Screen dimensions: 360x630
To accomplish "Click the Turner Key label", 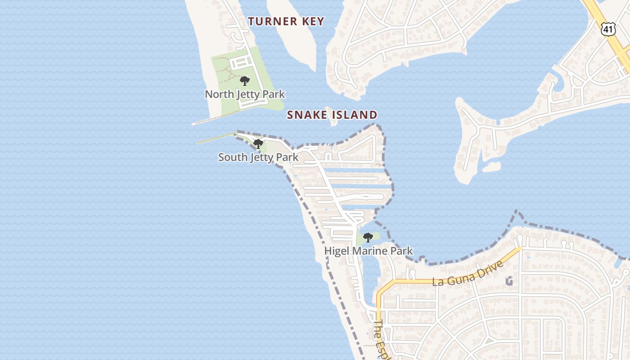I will (x=286, y=21).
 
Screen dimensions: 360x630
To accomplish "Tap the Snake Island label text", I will (x=332, y=115).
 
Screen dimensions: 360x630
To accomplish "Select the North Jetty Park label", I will (x=245, y=94).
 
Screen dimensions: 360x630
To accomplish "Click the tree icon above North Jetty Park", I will (x=245, y=81).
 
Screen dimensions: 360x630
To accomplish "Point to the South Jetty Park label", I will (x=258, y=157).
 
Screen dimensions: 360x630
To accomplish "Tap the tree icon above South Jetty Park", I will (x=258, y=144).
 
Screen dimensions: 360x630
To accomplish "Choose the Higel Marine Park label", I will (x=369, y=251).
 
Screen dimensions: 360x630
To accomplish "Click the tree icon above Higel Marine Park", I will (x=368, y=237).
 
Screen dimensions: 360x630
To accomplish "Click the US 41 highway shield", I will (x=608, y=29).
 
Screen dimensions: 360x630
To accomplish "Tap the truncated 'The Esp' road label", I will (x=382, y=340).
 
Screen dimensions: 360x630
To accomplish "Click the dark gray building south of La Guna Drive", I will (x=509, y=281).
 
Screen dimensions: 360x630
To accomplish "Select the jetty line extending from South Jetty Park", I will (x=216, y=138).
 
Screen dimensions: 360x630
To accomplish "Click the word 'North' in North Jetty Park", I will (x=219, y=94).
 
